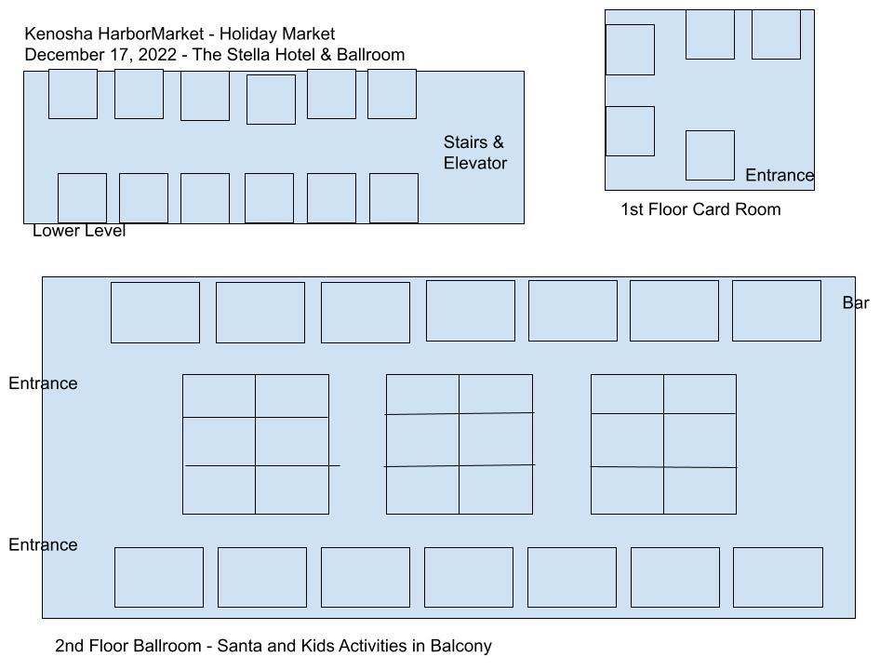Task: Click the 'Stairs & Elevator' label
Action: tap(475, 152)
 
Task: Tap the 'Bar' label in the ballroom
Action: tap(856, 302)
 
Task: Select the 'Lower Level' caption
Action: tap(78, 230)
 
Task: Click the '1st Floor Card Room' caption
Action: tap(700, 209)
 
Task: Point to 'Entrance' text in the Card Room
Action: tap(780, 175)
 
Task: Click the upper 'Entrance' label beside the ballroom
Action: tap(43, 382)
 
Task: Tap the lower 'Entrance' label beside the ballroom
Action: tap(43, 544)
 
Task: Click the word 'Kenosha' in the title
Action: tap(59, 33)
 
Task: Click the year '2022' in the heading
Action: tap(157, 55)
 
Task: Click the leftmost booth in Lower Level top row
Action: tap(73, 94)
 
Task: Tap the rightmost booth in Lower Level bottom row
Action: tap(393, 198)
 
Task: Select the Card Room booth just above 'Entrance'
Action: tap(710, 155)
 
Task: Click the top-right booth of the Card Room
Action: tap(776, 34)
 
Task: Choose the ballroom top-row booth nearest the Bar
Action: tap(776, 311)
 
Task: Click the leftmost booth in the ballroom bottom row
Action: tap(159, 577)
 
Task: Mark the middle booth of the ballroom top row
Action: tap(471, 311)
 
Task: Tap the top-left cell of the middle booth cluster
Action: tap(422, 395)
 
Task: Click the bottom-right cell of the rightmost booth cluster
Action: tap(700, 490)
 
